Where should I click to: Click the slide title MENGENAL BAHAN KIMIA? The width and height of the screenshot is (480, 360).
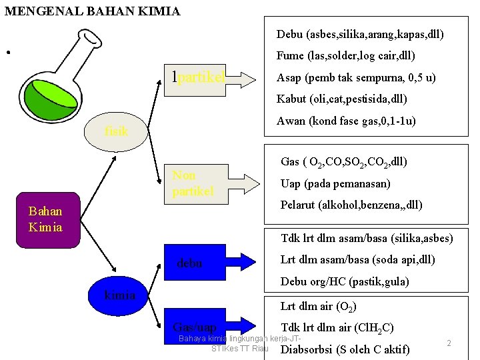coord(92,11)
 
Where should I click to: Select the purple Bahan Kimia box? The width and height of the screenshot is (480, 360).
coord(46,219)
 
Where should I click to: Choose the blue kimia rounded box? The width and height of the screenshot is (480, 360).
coord(120,295)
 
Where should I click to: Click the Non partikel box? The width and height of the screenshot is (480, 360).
coord(198,183)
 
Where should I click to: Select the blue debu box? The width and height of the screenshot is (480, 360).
coord(198,263)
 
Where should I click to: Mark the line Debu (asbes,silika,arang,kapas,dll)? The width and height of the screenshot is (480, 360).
coord(360,34)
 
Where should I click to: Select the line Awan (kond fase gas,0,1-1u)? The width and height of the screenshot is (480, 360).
coord(346,121)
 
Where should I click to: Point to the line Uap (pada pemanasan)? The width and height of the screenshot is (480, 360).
coord(335,183)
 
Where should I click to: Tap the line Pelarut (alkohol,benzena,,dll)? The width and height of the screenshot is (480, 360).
coord(351,205)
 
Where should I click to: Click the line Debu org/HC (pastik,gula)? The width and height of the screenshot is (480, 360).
coord(345,281)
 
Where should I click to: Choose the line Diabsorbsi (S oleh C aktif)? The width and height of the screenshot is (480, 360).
coord(345,349)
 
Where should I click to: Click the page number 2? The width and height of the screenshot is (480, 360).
coord(449,343)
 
